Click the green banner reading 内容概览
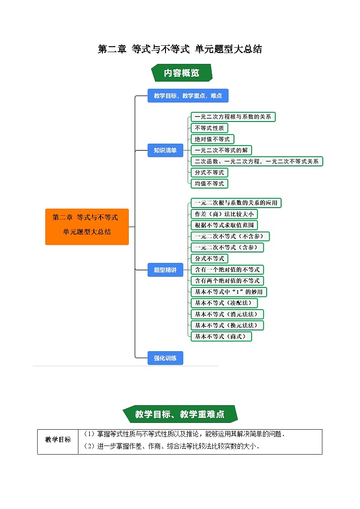tap(181, 73)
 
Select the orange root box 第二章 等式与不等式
tap(87, 227)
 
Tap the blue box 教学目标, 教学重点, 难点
tap(188, 96)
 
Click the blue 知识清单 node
tap(165, 150)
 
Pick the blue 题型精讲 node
tap(165, 270)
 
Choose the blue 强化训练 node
tap(165, 358)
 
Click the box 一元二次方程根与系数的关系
tap(233, 117)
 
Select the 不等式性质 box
tap(209, 128)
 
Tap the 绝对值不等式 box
tap(212, 139)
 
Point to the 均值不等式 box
tap(209, 184)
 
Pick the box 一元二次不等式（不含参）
tap(230, 236)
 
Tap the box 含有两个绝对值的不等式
tap(227, 281)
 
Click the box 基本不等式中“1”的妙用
tap(228, 292)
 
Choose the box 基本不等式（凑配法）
tap(224, 303)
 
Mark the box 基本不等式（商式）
tap(221, 336)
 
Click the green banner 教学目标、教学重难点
tap(180, 414)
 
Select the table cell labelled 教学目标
tap(58, 440)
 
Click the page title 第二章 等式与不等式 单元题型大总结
tap(180, 49)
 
